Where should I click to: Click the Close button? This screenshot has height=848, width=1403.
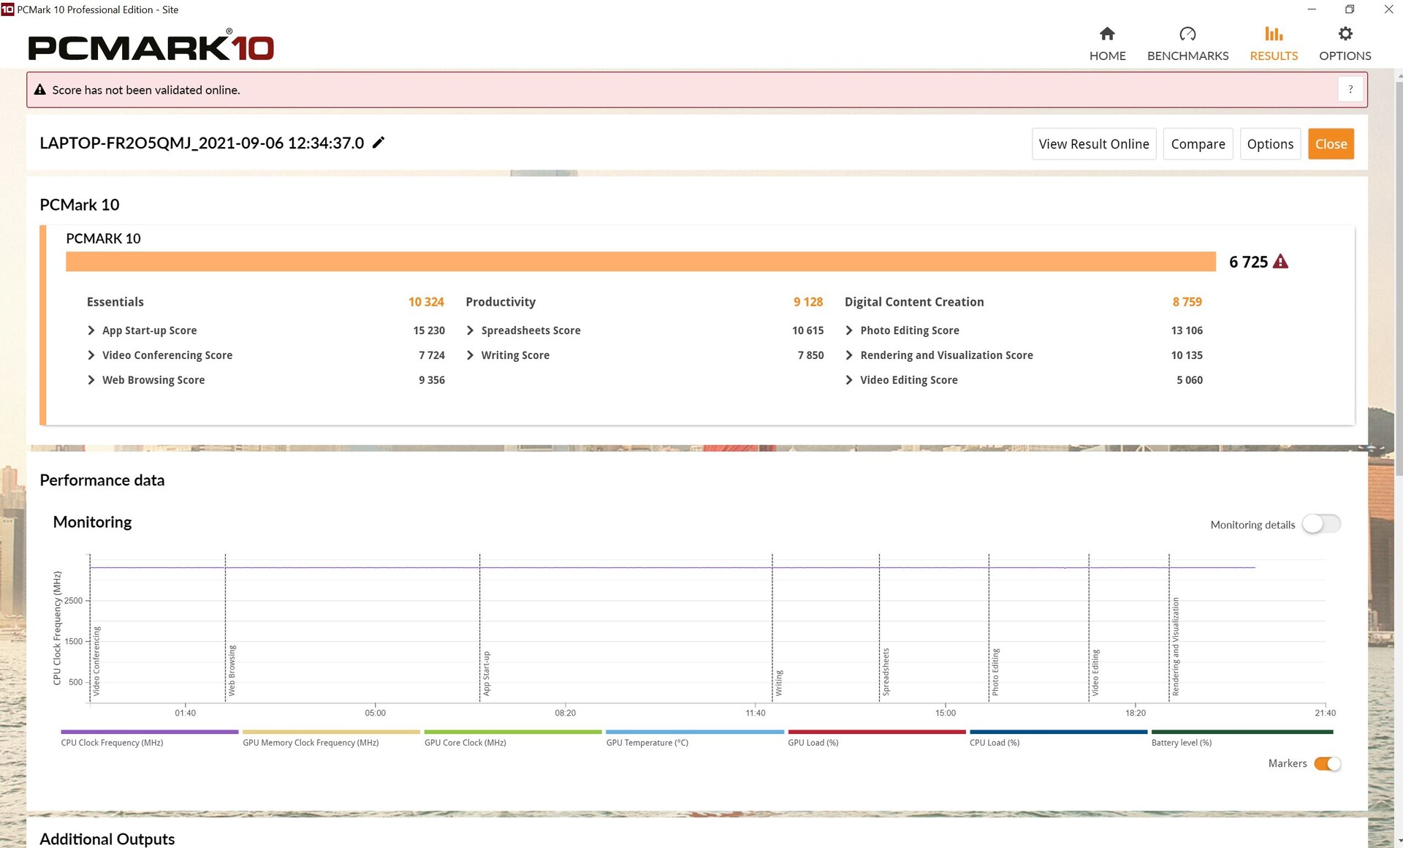(x=1331, y=144)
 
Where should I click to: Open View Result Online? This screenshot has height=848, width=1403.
(x=1094, y=144)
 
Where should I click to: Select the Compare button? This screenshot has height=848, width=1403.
(x=1198, y=144)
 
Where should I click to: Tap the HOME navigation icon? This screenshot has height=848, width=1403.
(x=1107, y=34)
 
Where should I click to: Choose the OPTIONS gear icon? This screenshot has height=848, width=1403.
(x=1345, y=34)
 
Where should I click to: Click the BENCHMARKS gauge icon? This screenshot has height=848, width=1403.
(x=1187, y=34)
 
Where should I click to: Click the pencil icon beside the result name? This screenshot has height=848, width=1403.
(x=379, y=143)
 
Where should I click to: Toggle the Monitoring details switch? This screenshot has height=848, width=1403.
(x=1321, y=524)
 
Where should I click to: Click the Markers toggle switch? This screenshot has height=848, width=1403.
(x=1327, y=763)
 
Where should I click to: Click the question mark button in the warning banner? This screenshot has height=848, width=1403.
(x=1350, y=89)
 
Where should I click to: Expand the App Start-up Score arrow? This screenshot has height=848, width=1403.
(x=91, y=330)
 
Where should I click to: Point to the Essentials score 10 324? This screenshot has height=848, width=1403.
(x=426, y=302)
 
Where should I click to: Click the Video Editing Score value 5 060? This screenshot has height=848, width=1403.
(x=1190, y=380)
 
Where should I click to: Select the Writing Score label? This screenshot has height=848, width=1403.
(x=515, y=355)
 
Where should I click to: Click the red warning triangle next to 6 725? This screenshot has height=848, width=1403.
(x=1280, y=262)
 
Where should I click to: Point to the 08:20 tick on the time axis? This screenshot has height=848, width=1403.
(x=565, y=713)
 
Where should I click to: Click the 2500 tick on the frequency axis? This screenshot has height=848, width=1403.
(x=73, y=601)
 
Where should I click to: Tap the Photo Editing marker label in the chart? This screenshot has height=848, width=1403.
(x=995, y=672)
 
